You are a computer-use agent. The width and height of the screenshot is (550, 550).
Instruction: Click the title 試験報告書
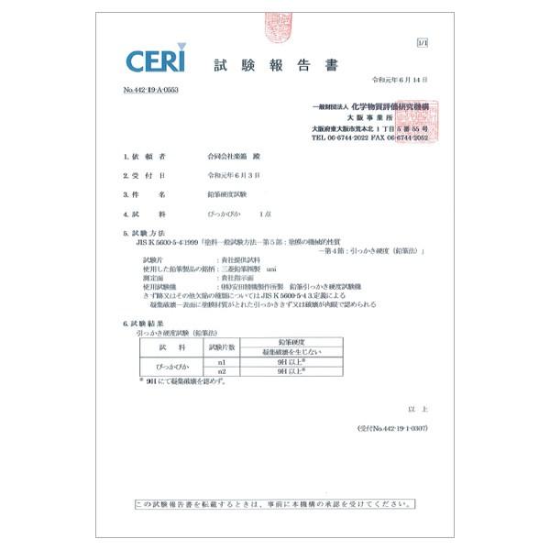tap(276, 65)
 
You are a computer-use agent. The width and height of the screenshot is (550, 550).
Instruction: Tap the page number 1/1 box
tap(422, 42)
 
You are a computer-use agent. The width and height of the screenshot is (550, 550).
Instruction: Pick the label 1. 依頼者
tap(143, 157)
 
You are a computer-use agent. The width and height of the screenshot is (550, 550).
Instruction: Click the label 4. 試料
tap(143, 213)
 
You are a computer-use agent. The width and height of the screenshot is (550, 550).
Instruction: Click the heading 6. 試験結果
tap(145, 324)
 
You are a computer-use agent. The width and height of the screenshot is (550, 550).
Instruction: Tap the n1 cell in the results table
tap(223, 363)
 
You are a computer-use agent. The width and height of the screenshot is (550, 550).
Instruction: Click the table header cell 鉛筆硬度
tap(291, 342)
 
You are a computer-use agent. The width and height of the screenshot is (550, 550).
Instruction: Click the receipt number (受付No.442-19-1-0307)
tap(391, 429)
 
